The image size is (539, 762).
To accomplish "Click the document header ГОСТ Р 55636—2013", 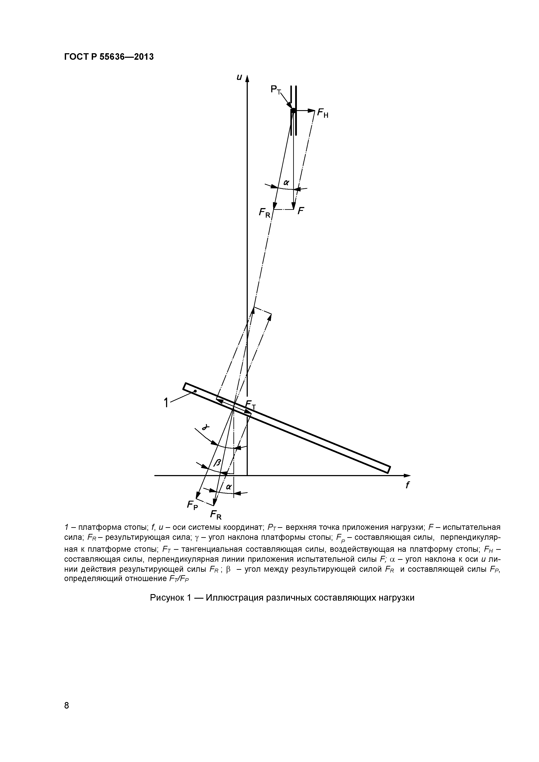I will coord(109,57).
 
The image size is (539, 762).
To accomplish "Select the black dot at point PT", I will coord(293,111).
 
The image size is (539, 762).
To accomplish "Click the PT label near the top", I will coord(275,90).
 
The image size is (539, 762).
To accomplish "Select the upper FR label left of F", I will coord(265,212).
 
